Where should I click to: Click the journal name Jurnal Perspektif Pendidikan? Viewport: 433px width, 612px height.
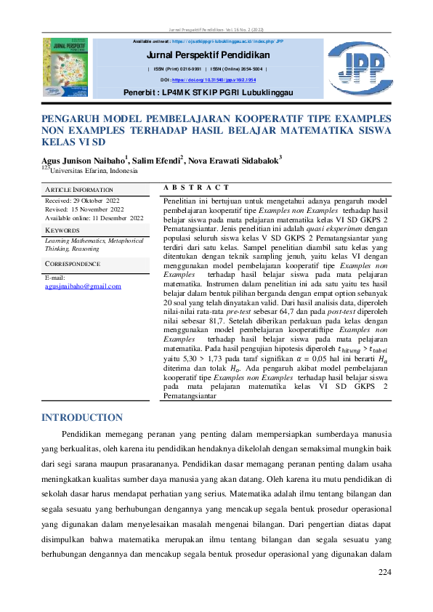(x=208, y=55)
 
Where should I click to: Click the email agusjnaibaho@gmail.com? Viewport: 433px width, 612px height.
(x=83, y=286)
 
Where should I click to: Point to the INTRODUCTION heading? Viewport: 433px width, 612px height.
(x=82, y=418)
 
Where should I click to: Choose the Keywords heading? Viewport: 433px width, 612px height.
(x=62, y=230)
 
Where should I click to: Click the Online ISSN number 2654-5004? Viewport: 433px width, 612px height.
(x=245, y=68)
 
